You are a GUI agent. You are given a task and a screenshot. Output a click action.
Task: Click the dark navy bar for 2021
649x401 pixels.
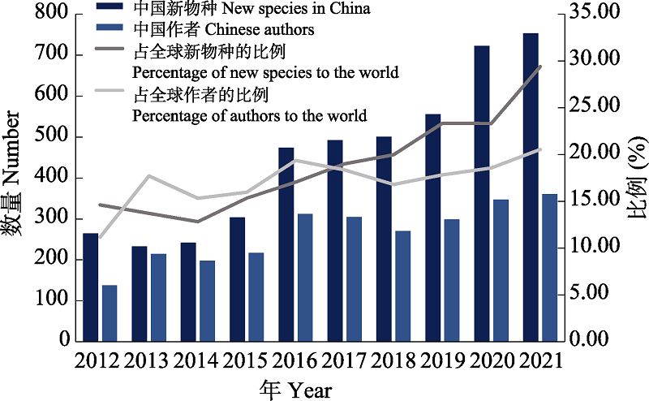[x=531, y=187]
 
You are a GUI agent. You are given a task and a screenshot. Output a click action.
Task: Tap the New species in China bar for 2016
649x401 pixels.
[x=286, y=244]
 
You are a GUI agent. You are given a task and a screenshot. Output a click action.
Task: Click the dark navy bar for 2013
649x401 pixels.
[x=140, y=293]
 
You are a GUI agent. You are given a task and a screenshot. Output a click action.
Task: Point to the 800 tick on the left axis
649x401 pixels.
[x=52, y=14]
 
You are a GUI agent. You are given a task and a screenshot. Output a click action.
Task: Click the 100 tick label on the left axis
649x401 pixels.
[x=52, y=301]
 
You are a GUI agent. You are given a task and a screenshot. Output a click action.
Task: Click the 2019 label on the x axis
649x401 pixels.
[x=442, y=361]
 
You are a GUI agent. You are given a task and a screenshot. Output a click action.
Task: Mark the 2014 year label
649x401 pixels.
[x=197, y=361]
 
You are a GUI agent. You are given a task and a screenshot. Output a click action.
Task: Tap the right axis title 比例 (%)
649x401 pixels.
[x=636, y=180]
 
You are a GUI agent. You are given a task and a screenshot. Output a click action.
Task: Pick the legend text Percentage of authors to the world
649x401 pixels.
[x=249, y=115]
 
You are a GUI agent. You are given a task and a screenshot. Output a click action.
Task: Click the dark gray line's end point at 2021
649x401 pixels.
[x=540, y=67]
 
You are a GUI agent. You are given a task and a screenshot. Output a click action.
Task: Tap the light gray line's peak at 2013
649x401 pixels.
[x=148, y=176]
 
